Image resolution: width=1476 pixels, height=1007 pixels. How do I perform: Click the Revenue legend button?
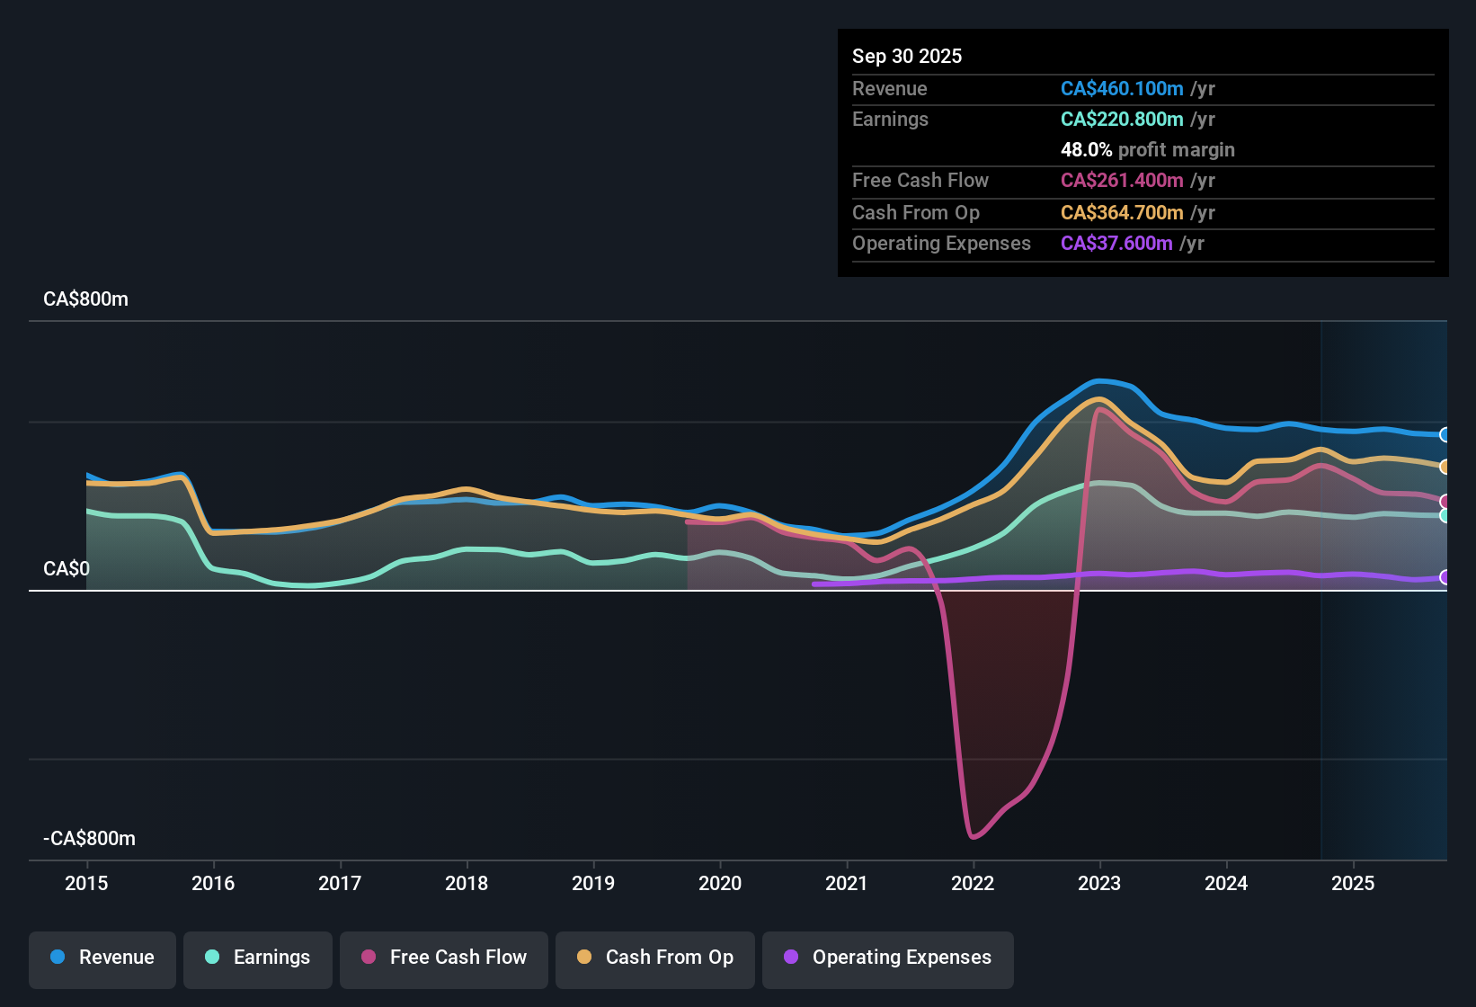click(102, 958)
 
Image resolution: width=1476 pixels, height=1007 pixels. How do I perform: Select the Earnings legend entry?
click(258, 958)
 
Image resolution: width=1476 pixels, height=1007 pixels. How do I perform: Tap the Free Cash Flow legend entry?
click(444, 958)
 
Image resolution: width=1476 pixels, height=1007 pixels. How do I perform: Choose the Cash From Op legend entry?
click(655, 958)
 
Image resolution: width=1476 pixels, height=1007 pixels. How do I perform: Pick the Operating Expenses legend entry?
click(888, 958)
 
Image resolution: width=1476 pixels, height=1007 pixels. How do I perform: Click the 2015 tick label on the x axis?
click(86, 884)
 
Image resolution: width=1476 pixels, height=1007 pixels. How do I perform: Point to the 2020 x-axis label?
click(720, 884)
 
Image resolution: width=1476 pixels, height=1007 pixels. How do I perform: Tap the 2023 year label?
click(1099, 884)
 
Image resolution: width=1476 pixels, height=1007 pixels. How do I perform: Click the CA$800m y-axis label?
click(86, 299)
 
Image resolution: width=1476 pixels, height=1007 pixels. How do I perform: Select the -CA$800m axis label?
click(90, 839)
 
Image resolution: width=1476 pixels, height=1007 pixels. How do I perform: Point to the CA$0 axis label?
click(67, 569)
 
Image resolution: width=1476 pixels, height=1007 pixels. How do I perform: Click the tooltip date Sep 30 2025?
click(907, 57)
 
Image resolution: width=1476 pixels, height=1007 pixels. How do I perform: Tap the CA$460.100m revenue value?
click(1122, 89)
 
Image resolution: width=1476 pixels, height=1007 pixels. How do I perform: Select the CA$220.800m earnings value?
click(1122, 120)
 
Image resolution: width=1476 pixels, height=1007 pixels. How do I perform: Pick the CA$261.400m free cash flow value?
click(1122, 181)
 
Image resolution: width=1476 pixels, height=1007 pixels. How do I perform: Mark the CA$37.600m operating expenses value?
click(1116, 244)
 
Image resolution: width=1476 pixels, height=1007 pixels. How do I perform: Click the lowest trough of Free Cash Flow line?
click(974, 837)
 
